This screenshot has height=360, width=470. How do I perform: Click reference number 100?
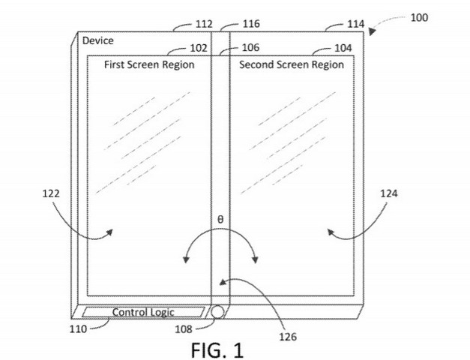[419, 18]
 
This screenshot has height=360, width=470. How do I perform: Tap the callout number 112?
[204, 24]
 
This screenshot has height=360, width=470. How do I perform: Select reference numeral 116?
[251, 24]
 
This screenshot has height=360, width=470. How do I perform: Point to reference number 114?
[356, 24]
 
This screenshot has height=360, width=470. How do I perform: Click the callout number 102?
[199, 48]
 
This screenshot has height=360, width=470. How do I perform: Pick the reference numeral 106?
[250, 47]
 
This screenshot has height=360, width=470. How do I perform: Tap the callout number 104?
[343, 48]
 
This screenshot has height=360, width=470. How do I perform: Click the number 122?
[51, 193]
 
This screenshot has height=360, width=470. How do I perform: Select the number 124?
[389, 193]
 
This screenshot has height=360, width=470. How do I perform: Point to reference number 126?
[288, 337]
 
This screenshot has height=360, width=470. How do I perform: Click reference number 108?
[184, 329]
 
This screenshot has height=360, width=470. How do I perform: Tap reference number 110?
[78, 329]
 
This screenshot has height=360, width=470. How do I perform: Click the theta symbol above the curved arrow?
[220, 220]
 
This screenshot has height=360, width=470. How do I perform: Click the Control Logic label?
[143, 312]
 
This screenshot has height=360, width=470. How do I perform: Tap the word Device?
[98, 40]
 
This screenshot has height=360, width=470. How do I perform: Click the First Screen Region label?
[149, 64]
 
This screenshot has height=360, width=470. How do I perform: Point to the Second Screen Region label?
[292, 64]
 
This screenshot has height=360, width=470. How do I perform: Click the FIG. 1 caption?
[217, 350]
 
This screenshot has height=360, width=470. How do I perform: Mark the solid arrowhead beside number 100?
[372, 31]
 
